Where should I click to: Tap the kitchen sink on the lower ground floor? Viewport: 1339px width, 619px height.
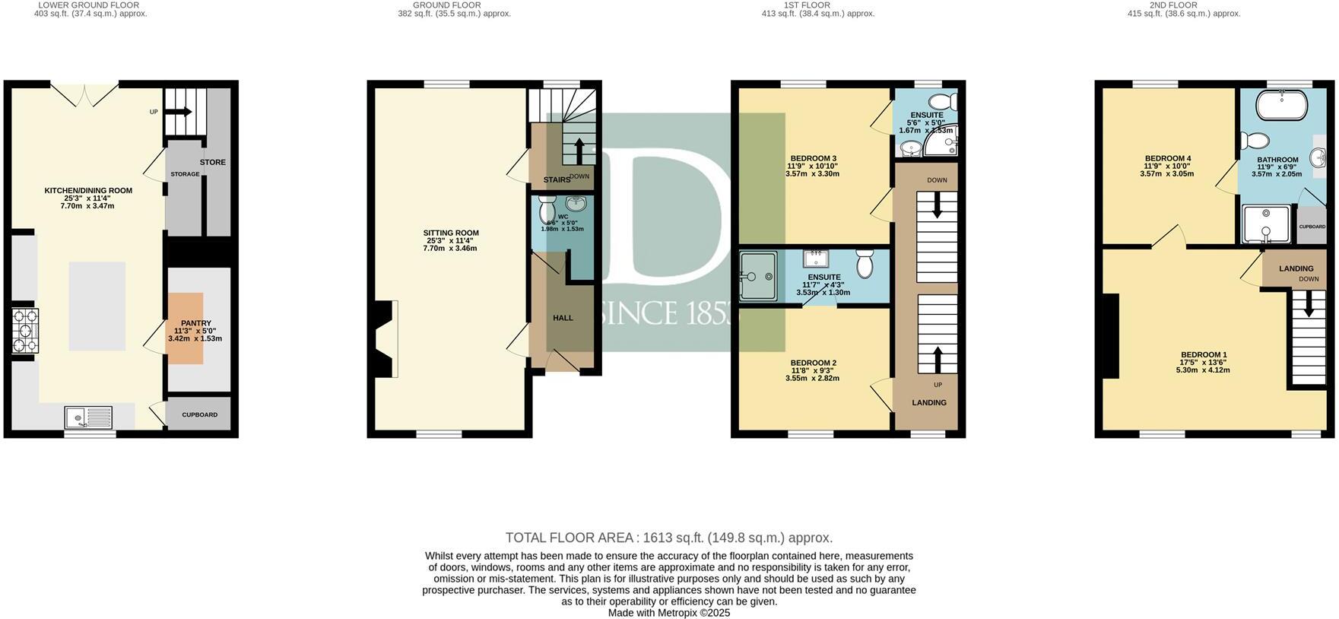click(x=87, y=417)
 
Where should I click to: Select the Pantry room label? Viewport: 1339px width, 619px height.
click(x=195, y=323)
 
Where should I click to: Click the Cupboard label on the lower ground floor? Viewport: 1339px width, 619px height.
click(x=199, y=415)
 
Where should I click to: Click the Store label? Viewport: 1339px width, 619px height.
click(x=213, y=162)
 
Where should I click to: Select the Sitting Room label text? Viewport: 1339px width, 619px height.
click(x=451, y=233)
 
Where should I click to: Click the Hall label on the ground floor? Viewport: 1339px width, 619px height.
click(x=563, y=318)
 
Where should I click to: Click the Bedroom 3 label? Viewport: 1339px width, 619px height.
click(x=812, y=158)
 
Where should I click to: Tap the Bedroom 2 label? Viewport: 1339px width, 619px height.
click(x=812, y=363)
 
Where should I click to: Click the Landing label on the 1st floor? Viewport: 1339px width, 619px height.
click(x=928, y=403)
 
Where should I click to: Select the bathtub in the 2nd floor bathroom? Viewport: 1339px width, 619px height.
click(x=1281, y=105)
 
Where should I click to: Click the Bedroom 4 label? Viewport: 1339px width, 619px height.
click(x=1167, y=158)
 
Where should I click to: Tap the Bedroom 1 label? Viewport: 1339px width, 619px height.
click(x=1203, y=355)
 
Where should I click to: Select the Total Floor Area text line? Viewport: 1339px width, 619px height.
click(x=668, y=538)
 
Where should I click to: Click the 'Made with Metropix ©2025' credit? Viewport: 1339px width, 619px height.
click(x=668, y=613)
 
